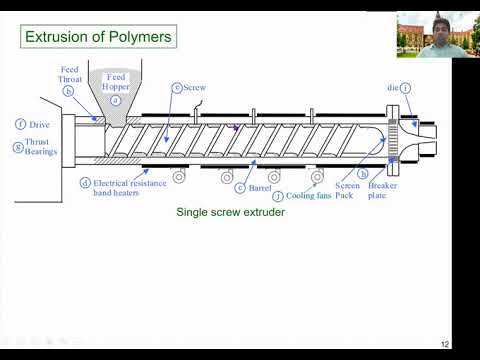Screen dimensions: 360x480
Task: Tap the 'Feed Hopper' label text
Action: [x=117, y=82]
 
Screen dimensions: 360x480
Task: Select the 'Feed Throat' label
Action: [x=69, y=74]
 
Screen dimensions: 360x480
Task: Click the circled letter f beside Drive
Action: [x=20, y=124]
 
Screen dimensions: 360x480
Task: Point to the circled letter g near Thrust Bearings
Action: [x=17, y=147]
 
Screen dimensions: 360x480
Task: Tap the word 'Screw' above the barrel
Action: [x=195, y=88]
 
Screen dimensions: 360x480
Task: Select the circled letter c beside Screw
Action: [x=176, y=88]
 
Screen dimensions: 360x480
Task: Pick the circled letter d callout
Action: [x=85, y=183]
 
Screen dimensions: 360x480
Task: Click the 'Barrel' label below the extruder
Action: [x=261, y=188]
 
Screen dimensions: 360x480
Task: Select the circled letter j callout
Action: [x=277, y=196]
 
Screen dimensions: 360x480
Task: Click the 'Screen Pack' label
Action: [x=347, y=190]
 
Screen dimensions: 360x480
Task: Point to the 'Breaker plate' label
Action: [x=383, y=190]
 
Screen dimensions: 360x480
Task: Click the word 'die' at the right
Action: [x=393, y=88]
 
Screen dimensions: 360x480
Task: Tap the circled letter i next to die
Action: [x=406, y=88]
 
